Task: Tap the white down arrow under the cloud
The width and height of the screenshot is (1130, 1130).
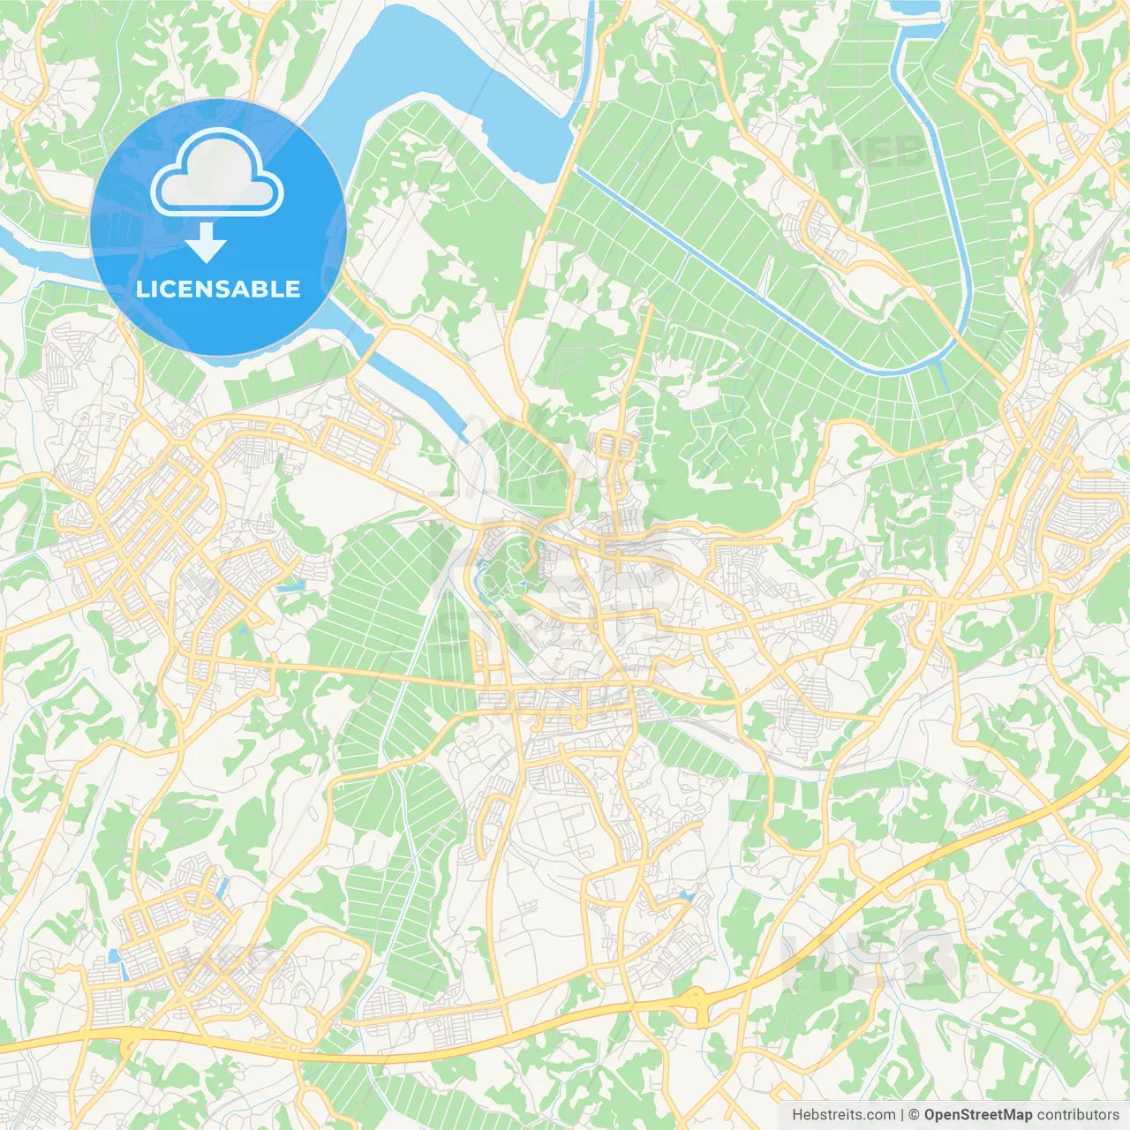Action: (206, 243)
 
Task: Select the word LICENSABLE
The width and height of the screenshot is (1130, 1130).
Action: (218, 289)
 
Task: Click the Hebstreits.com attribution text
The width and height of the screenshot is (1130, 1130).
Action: (844, 1115)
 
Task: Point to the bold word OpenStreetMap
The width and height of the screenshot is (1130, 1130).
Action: (978, 1115)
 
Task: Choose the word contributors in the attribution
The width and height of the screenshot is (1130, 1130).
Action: (1078, 1115)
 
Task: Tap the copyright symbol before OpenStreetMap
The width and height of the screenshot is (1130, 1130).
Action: (915, 1115)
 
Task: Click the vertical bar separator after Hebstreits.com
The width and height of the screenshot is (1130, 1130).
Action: (902, 1115)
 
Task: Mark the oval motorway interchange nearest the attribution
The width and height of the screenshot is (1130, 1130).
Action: (697, 1005)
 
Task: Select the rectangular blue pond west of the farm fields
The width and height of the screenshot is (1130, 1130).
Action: (290, 585)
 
